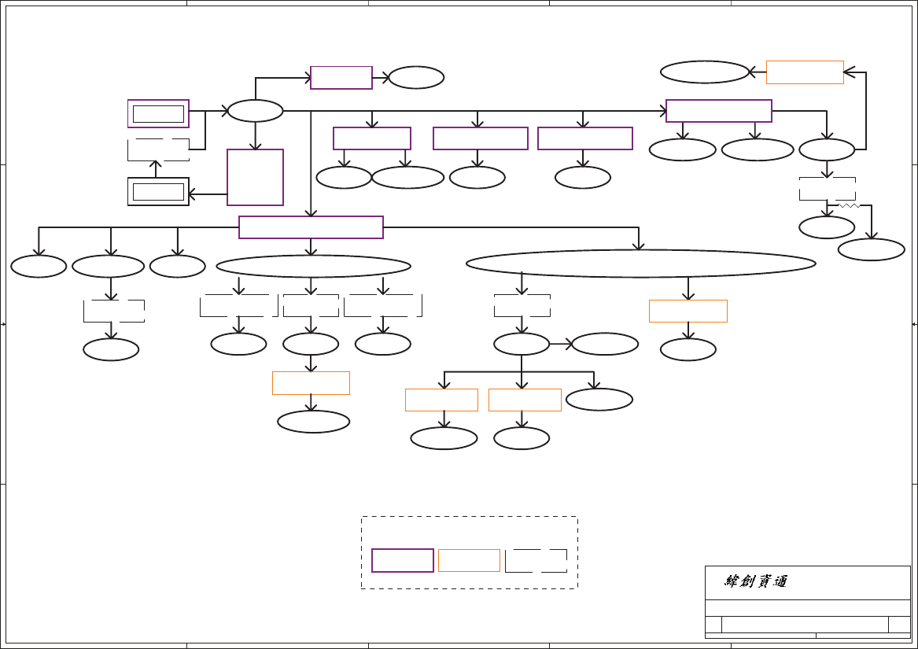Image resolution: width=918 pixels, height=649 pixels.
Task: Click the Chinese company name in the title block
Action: [756, 582]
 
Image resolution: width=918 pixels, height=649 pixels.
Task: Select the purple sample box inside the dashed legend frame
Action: [403, 560]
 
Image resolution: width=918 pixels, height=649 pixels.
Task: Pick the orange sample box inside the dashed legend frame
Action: [469, 560]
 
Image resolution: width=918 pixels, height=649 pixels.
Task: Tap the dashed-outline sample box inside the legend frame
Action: [536, 560]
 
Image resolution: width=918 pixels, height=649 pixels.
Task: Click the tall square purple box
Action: [255, 177]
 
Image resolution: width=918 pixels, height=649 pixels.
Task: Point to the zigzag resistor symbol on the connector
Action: [848, 205]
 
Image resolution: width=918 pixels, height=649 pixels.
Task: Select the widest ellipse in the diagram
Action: [641, 263]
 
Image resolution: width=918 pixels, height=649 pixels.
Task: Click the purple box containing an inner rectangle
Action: [158, 113]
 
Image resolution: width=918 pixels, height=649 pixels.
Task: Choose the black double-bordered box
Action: [158, 191]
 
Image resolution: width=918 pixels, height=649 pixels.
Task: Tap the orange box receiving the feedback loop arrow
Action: [805, 72]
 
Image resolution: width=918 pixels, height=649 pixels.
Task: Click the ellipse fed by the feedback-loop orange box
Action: [704, 72]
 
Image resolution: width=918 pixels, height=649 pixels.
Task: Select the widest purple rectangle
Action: [311, 227]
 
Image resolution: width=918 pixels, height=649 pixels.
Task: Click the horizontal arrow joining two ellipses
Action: [560, 344]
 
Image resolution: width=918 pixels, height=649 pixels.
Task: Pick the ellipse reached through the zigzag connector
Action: [871, 249]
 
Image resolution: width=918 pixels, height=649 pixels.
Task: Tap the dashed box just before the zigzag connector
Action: [827, 189]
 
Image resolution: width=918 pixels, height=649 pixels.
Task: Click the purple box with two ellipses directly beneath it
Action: [372, 138]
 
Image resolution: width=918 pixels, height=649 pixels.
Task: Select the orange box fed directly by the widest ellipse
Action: [688, 311]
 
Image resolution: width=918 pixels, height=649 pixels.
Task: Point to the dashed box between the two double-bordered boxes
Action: [158, 149]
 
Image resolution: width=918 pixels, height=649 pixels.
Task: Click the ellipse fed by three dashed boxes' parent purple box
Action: [313, 266]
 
